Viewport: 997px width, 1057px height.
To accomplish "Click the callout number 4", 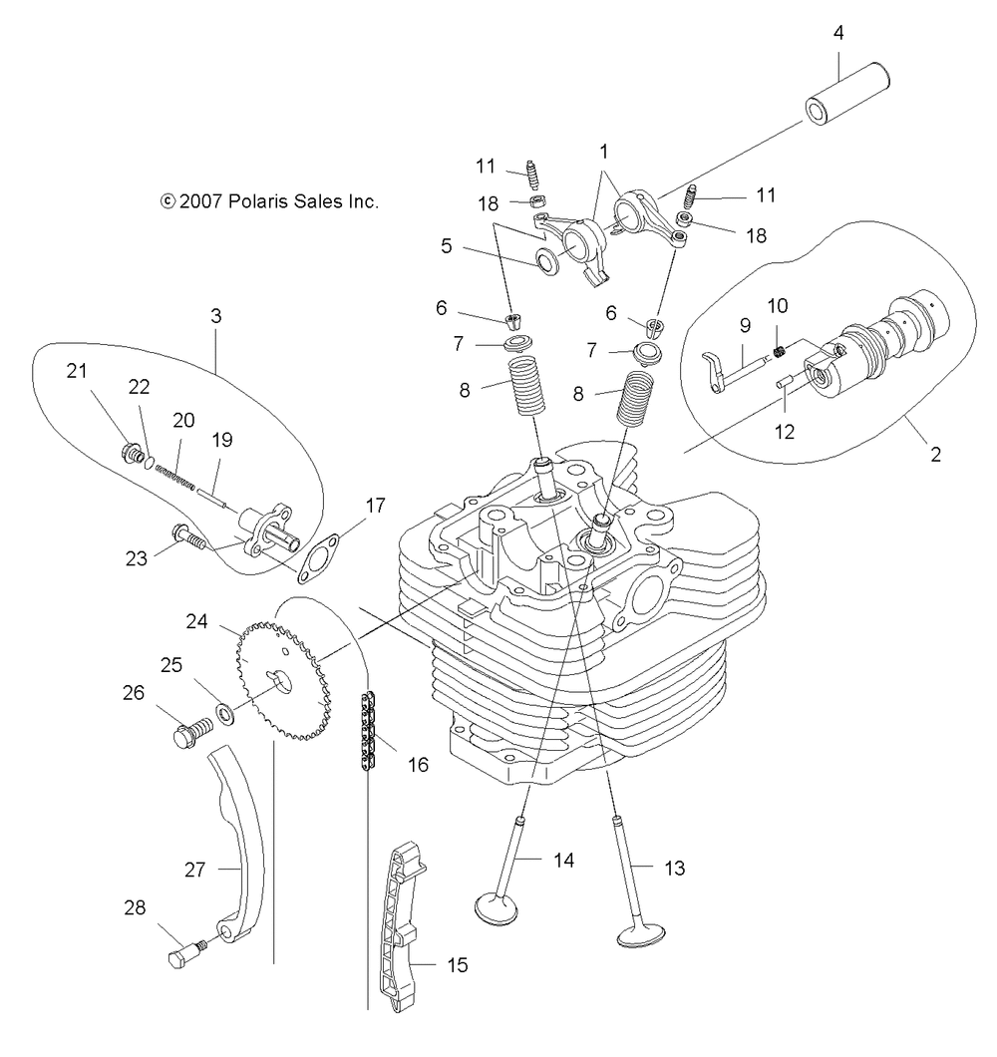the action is [x=838, y=33].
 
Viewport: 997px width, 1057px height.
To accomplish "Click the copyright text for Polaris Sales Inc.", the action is [x=269, y=201].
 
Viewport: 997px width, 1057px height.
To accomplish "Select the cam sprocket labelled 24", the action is [x=283, y=681].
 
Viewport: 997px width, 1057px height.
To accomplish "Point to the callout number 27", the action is [x=194, y=870].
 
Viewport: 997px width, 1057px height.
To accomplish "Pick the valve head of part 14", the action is [x=497, y=907].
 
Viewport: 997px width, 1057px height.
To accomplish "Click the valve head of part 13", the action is [x=641, y=935].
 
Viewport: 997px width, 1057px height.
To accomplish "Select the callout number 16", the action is [x=418, y=765].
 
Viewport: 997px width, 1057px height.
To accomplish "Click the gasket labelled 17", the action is [x=317, y=558].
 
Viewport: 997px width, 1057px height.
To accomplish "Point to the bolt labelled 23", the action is [x=188, y=537].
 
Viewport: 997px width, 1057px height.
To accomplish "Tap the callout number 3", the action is [x=215, y=315].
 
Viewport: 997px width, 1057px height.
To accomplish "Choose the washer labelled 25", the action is [x=225, y=713].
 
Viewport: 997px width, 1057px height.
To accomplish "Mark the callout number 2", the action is [x=935, y=455].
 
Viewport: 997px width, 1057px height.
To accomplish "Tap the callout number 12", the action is [x=785, y=432].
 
